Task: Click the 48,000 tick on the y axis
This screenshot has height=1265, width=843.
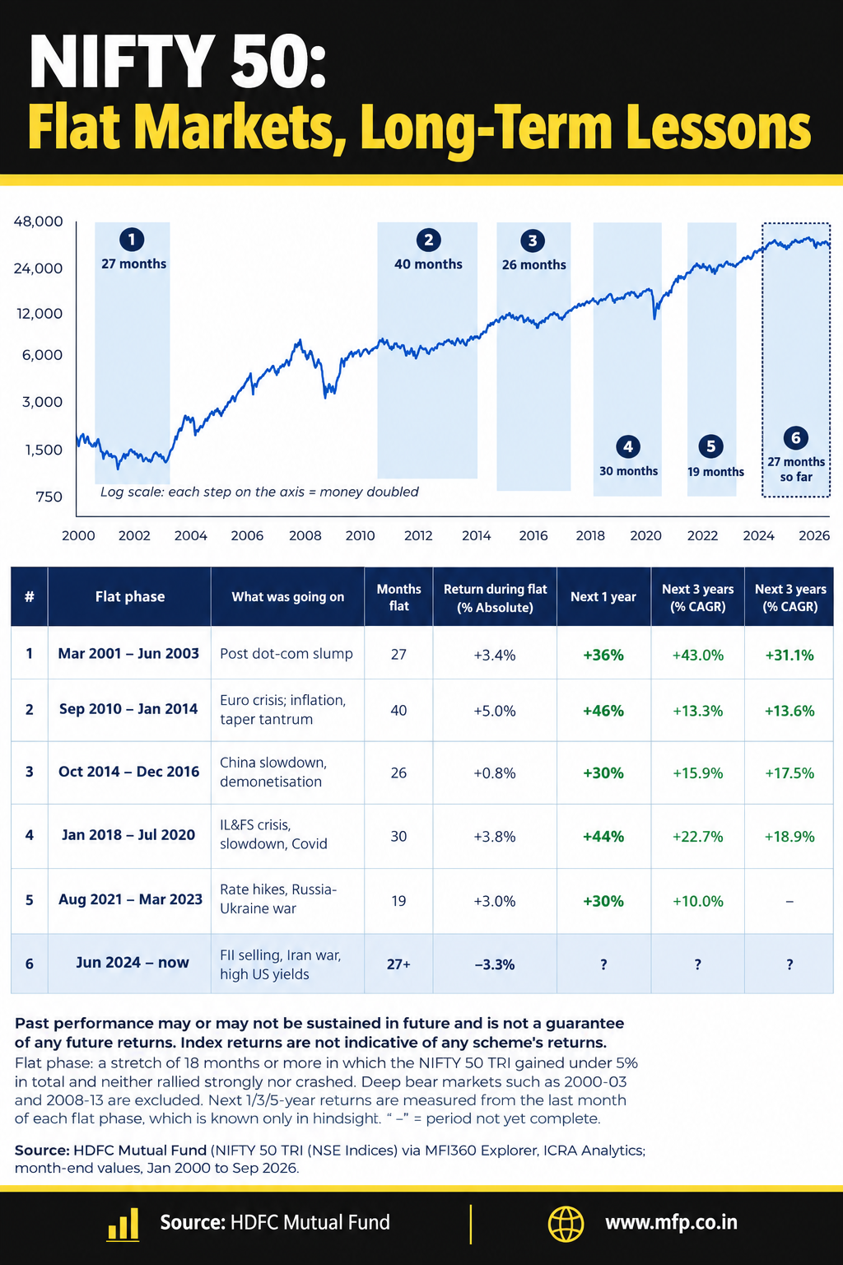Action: (39, 222)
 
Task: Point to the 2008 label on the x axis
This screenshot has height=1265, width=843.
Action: (305, 535)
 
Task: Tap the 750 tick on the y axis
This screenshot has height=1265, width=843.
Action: (49, 497)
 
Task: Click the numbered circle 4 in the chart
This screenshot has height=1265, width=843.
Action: (628, 446)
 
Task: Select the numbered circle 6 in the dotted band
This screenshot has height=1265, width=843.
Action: (795, 437)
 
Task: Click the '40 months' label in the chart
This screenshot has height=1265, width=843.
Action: (428, 264)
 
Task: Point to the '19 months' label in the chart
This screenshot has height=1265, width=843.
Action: (715, 472)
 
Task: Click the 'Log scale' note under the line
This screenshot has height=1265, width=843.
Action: (259, 492)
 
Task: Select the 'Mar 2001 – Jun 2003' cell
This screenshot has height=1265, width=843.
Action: (128, 653)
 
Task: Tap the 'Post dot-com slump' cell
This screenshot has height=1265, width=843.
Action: (286, 653)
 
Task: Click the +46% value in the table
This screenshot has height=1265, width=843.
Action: (603, 711)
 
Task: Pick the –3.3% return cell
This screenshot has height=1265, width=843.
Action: (495, 964)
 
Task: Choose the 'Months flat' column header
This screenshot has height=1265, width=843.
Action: (398, 597)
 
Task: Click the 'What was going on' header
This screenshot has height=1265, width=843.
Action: (287, 597)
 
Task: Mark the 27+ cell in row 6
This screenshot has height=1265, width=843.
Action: (398, 964)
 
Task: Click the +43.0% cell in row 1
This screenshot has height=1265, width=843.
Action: (697, 655)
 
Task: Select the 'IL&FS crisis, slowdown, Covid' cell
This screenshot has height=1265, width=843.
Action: (273, 834)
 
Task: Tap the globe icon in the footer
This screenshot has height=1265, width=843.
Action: (566, 1224)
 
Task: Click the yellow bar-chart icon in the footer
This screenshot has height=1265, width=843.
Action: (123, 1224)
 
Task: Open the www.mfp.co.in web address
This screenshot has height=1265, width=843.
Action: (671, 1223)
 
